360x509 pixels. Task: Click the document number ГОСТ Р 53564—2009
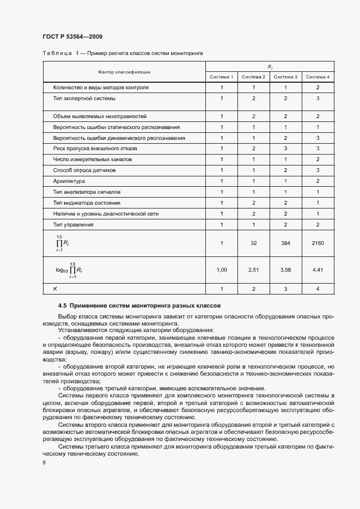tap(72, 36)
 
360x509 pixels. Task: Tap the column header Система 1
tap(222, 77)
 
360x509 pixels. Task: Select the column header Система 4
tap(318, 77)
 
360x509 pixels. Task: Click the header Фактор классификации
tap(124, 72)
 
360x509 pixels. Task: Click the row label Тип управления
tap(73, 225)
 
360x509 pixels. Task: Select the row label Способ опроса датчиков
tap(83, 170)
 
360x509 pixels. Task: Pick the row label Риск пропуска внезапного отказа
tap(95, 149)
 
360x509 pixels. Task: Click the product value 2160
tap(318, 243)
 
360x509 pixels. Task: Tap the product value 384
tap(285, 243)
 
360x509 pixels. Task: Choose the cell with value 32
tap(253, 243)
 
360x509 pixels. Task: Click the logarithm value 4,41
tap(318, 269)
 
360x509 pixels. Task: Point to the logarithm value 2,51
tap(253, 269)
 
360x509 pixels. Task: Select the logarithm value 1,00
tap(222, 269)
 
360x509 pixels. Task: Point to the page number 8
tap(44, 463)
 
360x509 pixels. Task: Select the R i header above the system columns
tap(270, 66)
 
